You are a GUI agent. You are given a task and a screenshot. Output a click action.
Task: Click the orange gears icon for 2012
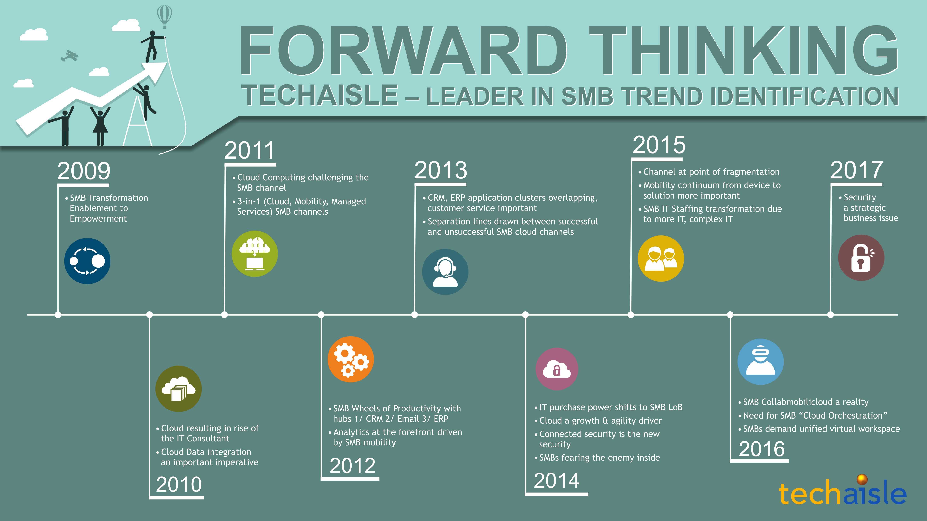coord(351,359)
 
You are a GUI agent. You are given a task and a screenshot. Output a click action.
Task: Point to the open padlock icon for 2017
coord(861,258)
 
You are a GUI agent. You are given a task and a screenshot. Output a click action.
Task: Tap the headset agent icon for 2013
coord(445,272)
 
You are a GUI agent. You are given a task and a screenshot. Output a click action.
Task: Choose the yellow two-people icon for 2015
coord(661,259)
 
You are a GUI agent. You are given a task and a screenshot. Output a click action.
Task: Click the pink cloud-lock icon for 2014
coord(557,369)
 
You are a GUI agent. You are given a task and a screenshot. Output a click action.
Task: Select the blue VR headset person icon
coord(760,362)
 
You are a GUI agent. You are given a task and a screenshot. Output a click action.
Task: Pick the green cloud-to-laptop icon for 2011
coord(254,254)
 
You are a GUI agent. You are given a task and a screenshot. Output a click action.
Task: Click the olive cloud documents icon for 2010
coord(178,389)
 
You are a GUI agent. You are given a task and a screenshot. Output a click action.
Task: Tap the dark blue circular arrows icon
coord(87,261)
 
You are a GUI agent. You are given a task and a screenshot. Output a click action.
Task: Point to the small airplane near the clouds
coord(70,56)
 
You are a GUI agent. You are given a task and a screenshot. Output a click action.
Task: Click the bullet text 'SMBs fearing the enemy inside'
coord(599,458)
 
